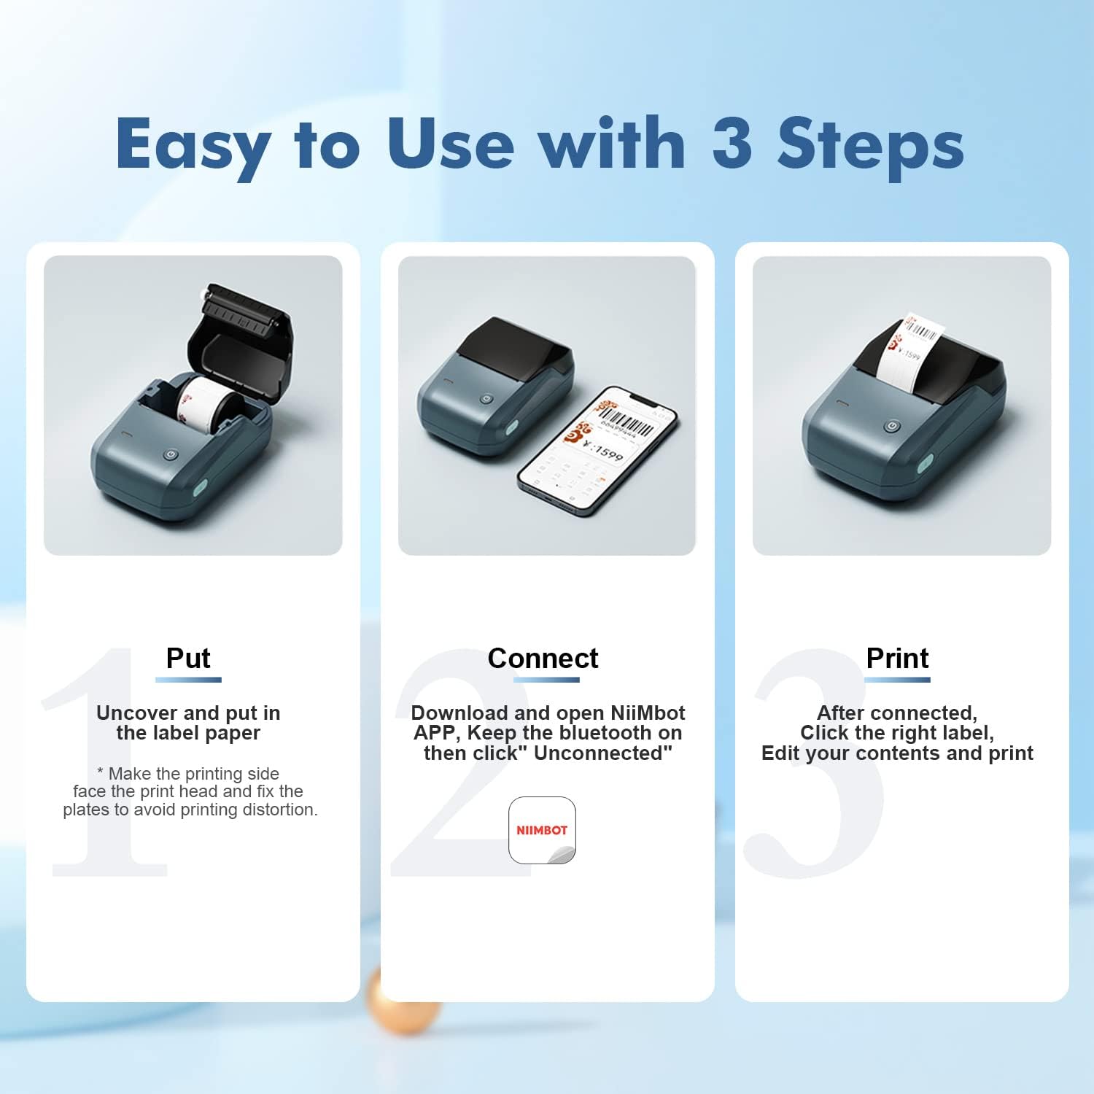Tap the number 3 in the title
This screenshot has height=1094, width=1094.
click(732, 142)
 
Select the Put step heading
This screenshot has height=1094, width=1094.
click(188, 658)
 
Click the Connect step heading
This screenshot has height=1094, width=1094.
click(543, 658)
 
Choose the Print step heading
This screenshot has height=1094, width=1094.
click(897, 658)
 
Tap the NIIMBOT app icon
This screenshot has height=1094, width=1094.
click(542, 830)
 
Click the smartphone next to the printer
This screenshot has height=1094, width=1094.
click(597, 452)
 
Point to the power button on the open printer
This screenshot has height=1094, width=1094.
click(170, 454)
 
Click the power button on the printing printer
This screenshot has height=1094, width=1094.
click(891, 426)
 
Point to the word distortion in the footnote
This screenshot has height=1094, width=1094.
click(282, 810)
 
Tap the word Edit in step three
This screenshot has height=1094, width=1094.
click(780, 753)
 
